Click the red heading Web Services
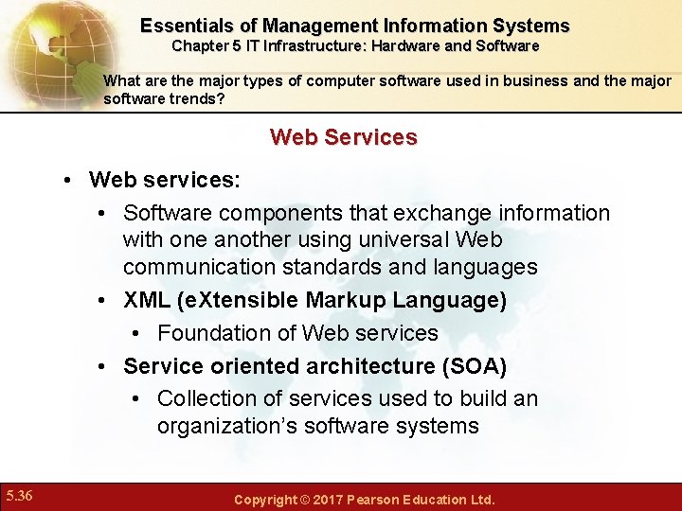pyautogui.click(x=343, y=137)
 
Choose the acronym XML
pyautogui.click(x=147, y=301)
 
